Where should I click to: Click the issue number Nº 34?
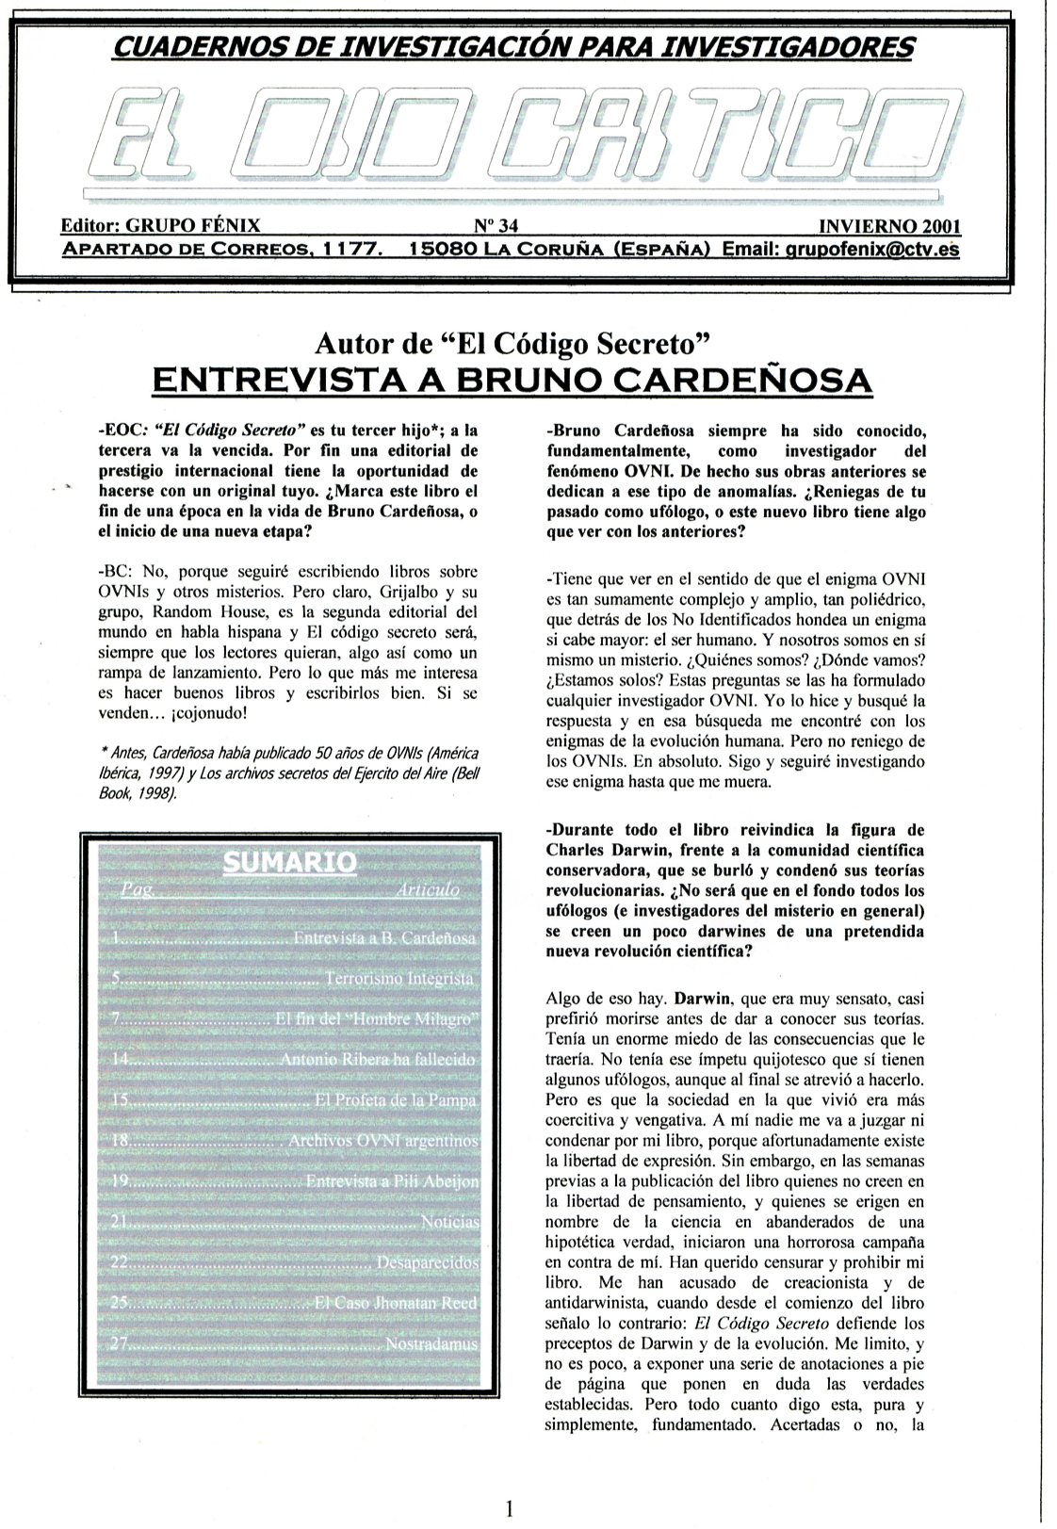point(494,227)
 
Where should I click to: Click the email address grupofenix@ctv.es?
point(868,250)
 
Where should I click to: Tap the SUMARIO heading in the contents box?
point(289,862)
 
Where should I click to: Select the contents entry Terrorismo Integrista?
point(399,979)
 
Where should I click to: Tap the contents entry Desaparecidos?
point(428,1261)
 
